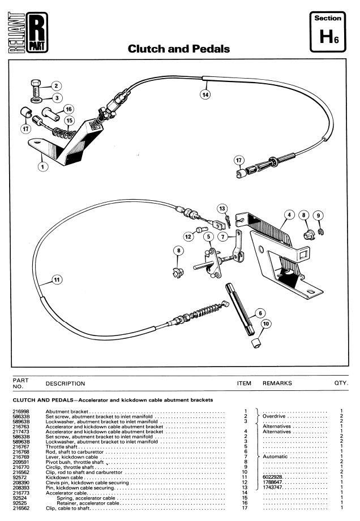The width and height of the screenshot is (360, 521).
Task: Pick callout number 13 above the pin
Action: [x=222, y=208]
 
